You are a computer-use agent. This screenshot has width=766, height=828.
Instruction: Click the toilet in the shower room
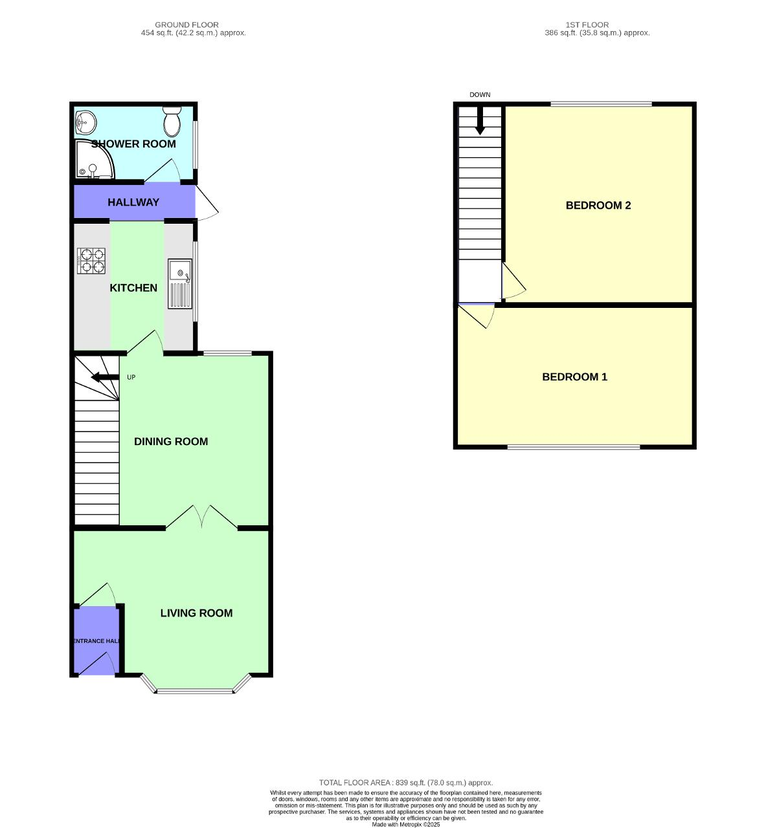pyautogui.click(x=172, y=121)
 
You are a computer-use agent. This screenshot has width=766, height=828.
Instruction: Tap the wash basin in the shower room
pyautogui.click(x=85, y=121)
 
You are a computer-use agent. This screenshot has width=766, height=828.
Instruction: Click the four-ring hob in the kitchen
pyautogui.click(x=91, y=261)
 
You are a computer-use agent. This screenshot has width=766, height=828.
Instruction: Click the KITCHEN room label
pyautogui.click(x=133, y=288)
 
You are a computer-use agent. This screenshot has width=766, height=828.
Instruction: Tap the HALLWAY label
pyautogui.click(x=133, y=202)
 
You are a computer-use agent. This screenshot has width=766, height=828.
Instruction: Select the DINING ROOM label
pyautogui.click(x=171, y=442)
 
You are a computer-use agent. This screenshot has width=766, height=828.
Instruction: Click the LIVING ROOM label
pyautogui.click(x=196, y=613)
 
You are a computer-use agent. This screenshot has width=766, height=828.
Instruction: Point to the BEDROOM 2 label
pyautogui.click(x=598, y=206)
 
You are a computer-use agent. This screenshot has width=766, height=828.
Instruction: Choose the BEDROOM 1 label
pyautogui.click(x=574, y=377)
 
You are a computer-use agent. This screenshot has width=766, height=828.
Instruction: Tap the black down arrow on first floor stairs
pyautogui.click(x=480, y=122)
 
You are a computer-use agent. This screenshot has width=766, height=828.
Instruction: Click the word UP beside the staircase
pyautogui.click(x=131, y=378)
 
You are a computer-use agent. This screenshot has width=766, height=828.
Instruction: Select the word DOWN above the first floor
pyautogui.click(x=480, y=95)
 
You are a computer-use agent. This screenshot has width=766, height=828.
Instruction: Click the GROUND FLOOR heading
pyautogui.click(x=186, y=25)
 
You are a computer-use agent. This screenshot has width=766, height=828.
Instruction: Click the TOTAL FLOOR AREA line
pyautogui.click(x=406, y=783)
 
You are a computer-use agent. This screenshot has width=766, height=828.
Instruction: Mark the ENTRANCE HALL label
pyautogui.click(x=96, y=641)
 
